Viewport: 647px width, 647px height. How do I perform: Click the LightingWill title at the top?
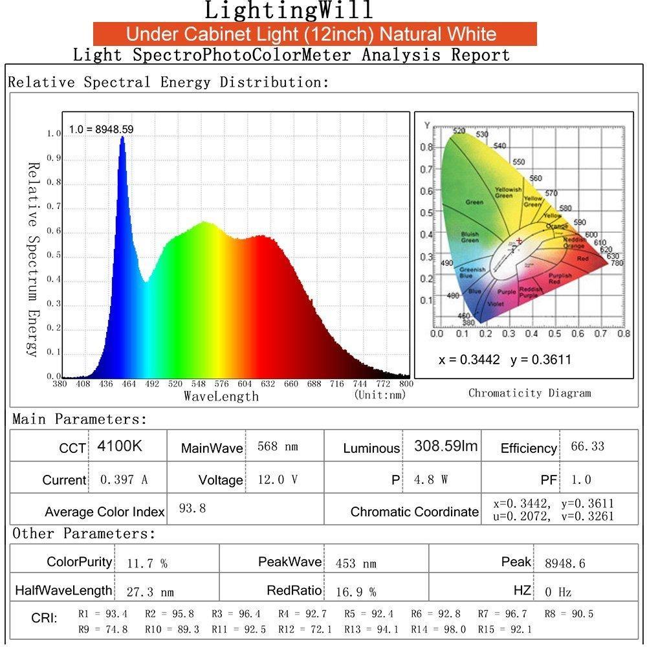[x=289, y=11]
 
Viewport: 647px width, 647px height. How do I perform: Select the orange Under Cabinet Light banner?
[x=314, y=34]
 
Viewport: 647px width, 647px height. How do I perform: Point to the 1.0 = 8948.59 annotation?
[x=102, y=129]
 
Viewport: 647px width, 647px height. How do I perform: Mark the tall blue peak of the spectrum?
[x=122, y=138]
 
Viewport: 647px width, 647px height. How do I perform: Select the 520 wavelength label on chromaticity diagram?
[x=459, y=131]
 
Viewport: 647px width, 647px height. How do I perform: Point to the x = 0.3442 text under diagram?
[x=470, y=360]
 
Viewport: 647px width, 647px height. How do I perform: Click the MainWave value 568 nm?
[x=278, y=447]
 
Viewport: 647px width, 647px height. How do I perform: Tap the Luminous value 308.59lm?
[x=446, y=446]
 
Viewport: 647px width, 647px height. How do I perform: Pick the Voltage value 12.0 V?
[x=278, y=480]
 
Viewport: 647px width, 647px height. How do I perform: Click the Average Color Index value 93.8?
[x=192, y=509]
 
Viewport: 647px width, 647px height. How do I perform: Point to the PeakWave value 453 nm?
[x=356, y=564]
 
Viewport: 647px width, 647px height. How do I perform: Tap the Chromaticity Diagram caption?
[x=529, y=393]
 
